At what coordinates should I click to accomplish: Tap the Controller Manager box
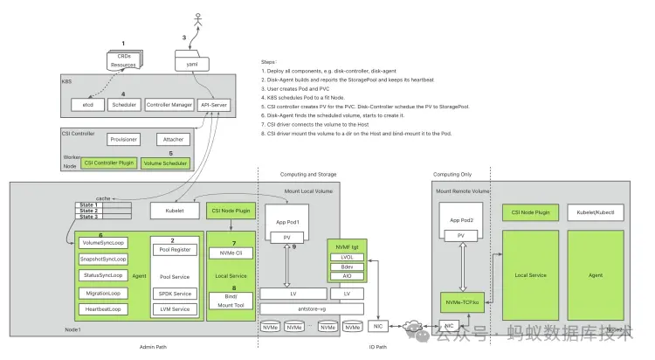(169, 105)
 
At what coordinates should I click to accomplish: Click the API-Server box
(215, 105)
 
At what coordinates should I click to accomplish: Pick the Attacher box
(172, 139)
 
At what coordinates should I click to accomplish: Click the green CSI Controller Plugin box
(108, 163)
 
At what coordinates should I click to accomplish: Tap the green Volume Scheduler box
(164, 163)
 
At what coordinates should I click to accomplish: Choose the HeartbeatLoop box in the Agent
(101, 308)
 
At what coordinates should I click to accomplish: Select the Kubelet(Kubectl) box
(596, 211)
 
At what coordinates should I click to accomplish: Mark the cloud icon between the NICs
(409, 329)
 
